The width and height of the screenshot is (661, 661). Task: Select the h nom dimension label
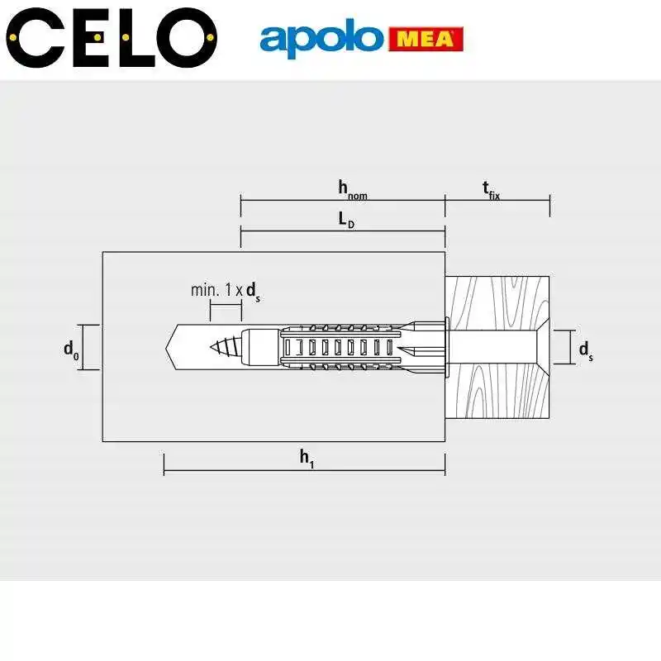pos(351,189)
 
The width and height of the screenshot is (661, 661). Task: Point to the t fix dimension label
pos(492,189)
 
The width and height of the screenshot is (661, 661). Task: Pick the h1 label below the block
pos(307,458)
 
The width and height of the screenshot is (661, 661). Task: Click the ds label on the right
pos(585,350)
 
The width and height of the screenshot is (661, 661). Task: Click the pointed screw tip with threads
pos(227,346)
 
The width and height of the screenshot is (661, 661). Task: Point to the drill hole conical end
pos(174,346)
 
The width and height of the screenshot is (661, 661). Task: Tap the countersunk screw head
pos(537,346)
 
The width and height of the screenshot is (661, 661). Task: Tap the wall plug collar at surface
pos(445,346)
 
